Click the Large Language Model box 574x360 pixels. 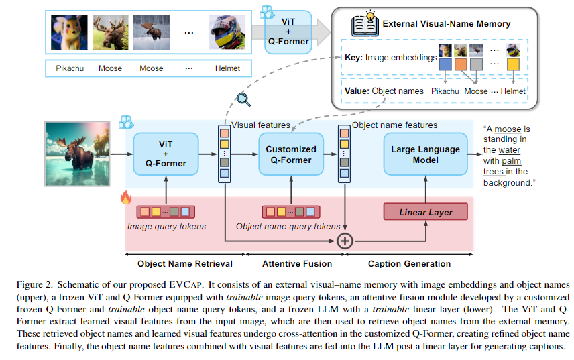(x=425, y=155)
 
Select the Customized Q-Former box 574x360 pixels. (x=291, y=155)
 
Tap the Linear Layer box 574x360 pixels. (x=425, y=212)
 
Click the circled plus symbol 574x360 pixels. (x=344, y=241)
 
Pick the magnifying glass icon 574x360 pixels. (x=243, y=99)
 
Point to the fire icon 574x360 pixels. (x=125, y=198)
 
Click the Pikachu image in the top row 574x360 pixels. (x=69, y=32)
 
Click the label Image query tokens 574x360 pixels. (x=167, y=227)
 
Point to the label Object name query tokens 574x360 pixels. (x=288, y=227)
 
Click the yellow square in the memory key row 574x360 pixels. (x=514, y=65)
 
